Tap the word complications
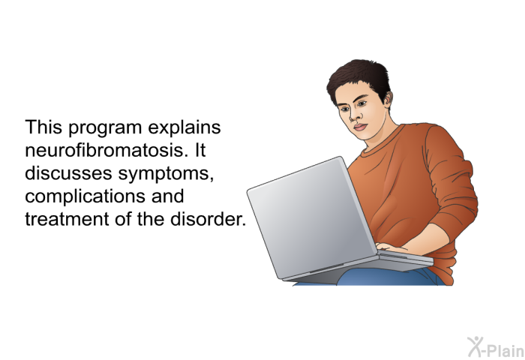pyautogui.click(x=85, y=197)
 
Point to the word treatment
pyautogui.click(x=67, y=219)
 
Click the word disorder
pyautogui.click(x=208, y=219)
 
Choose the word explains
pyautogui.click(x=184, y=128)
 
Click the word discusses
pyautogui.click(x=68, y=173)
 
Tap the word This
pyautogui.click(x=43, y=127)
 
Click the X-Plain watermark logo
pyautogui.click(x=496, y=347)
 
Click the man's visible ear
pyautogui.click(x=388, y=100)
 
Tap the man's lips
pyautogui.click(x=360, y=127)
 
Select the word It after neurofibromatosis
pyautogui.click(x=199, y=150)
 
